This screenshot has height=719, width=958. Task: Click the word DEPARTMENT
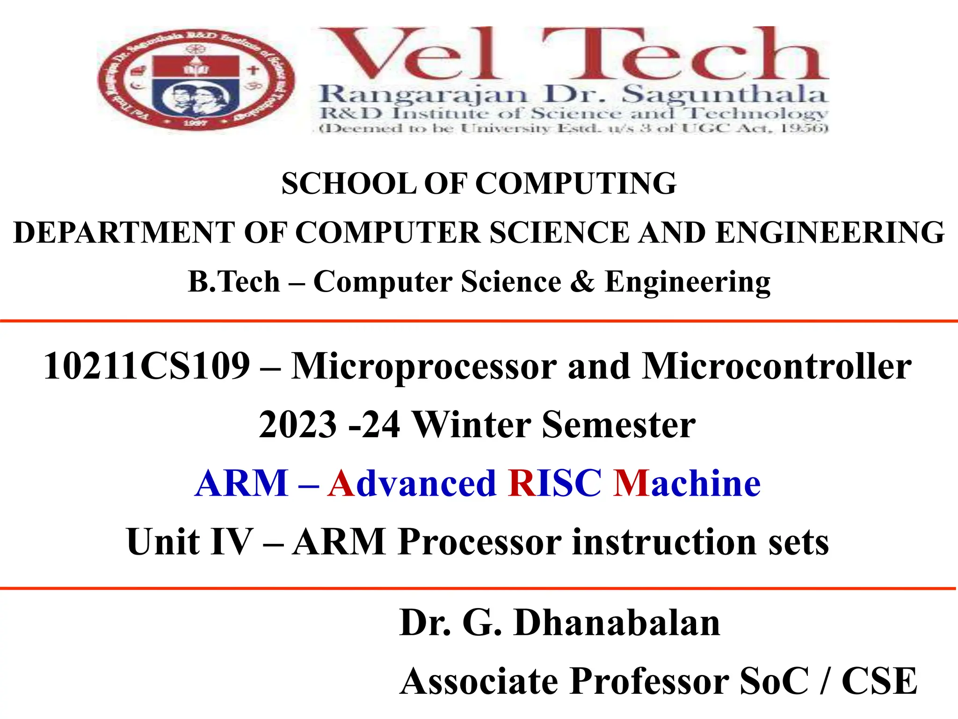pyautogui.click(x=124, y=233)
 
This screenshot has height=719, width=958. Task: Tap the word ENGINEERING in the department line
pyautogui.click(x=830, y=233)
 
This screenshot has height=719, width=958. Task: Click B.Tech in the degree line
pyautogui.click(x=234, y=282)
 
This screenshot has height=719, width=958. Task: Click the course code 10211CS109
pyautogui.click(x=147, y=366)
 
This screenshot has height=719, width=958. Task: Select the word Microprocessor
pyautogui.click(x=424, y=366)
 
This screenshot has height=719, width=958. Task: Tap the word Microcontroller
pyautogui.click(x=777, y=366)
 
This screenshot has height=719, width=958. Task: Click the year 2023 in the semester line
pyautogui.click(x=298, y=425)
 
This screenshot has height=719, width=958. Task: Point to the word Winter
pyautogui.click(x=472, y=425)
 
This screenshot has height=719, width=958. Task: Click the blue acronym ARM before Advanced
pyautogui.click(x=241, y=483)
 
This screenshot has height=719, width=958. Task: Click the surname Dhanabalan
pyautogui.click(x=617, y=623)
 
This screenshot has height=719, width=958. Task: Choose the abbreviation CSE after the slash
pyautogui.click(x=879, y=682)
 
